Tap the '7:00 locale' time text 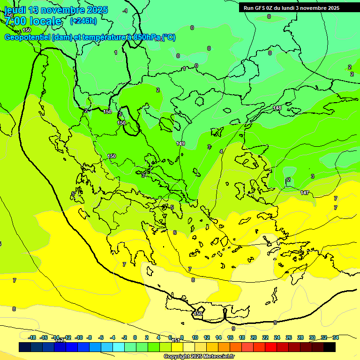[x=33, y=21]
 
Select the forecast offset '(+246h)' [x=83, y=21]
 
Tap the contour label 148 [x=277, y=108]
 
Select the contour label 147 [x=304, y=193]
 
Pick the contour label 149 [x=180, y=143]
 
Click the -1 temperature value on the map [x=125, y=11]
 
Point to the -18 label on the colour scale [x=32, y=337]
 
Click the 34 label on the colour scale [x=336, y=337]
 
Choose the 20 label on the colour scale [x=254, y=337]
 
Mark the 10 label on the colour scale [x=195, y=337]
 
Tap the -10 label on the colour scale [x=79, y=337]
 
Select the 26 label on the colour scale [x=289, y=337]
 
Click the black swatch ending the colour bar [x=330, y=347]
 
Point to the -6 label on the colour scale [x=101, y=337]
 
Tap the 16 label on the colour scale [x=230, y=337]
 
